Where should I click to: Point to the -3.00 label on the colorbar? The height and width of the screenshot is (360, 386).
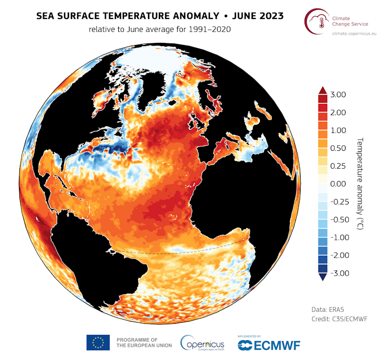click(x=338, y=273)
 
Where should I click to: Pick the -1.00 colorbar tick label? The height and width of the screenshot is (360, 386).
click(x=338, y=237)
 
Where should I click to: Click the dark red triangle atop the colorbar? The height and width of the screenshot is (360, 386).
click(x=323, y=91)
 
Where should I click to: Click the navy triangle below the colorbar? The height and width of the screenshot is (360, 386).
click(x=323, y=277)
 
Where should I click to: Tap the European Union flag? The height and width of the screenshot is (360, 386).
click(x=98, y=343)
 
